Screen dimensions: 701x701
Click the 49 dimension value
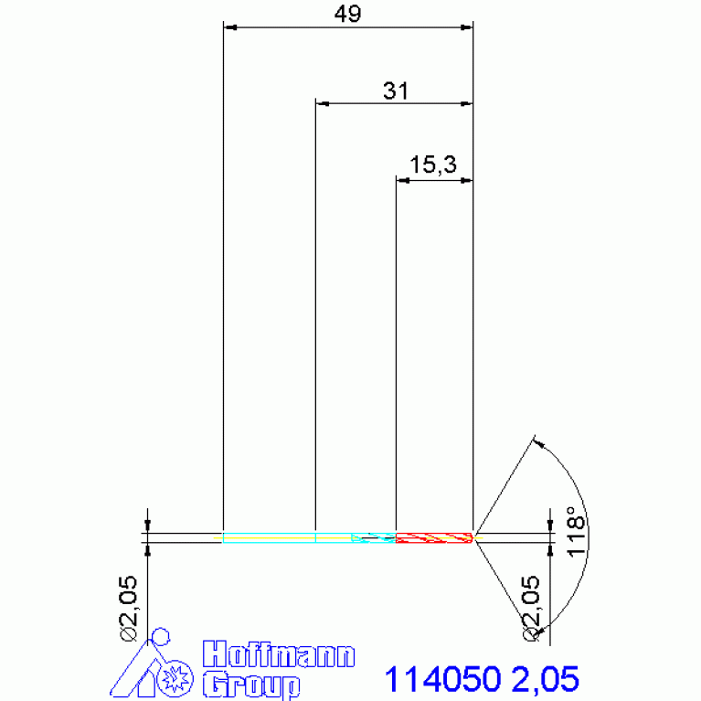(x=347, y=14)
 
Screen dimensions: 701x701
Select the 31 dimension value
(x=396, y=90)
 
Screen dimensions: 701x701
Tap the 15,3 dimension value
(x=433, y=165)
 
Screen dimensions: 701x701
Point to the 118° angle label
(x=576, y=532)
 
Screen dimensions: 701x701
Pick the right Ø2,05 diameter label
(x=532, y=609)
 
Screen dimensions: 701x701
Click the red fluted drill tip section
(x=434, y=537)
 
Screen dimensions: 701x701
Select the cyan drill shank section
(x=309, y=537)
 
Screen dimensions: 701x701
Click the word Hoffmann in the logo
(x=279, y=654)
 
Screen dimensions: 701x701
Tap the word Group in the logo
(x=251, y=684)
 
